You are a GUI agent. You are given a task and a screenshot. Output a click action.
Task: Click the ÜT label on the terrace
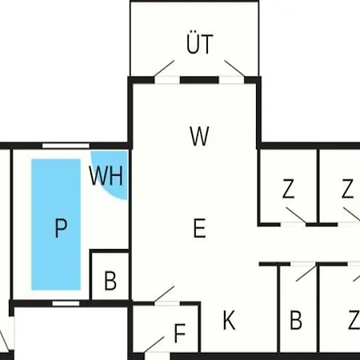[199, 44]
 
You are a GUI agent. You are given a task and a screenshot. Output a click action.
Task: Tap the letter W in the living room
[199, 136]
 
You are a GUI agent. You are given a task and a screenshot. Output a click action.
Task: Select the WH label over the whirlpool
[106, 175]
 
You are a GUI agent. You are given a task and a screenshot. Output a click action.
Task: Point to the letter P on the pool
[61, 227]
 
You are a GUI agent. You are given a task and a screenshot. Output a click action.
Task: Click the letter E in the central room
[199, 228]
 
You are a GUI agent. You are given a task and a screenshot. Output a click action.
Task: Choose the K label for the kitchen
[229, 320]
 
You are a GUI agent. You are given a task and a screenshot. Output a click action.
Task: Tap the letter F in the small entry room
[180, 333]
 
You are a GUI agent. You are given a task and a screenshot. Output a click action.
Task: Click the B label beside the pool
[110, 280]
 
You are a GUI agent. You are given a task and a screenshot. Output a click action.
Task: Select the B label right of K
[296, 320]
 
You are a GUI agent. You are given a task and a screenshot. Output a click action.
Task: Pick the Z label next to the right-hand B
[354, 320]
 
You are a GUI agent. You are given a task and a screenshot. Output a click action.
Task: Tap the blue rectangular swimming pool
[56, 224]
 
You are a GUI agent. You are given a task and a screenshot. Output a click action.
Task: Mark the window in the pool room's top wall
[66, 146]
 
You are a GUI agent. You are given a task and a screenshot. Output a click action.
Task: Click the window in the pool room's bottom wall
[66, 303]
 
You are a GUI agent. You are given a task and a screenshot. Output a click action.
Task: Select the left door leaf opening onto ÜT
[164, 69]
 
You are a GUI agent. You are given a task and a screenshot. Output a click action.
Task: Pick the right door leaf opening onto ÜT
[234, 69]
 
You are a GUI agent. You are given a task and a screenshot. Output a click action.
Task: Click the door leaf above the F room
[164, 294]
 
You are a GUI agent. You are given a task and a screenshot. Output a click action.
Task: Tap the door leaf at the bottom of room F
[154, 345]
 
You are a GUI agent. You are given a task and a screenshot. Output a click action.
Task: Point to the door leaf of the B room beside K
[306, 273]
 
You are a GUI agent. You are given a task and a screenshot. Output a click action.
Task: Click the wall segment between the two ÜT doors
[199, 80]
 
